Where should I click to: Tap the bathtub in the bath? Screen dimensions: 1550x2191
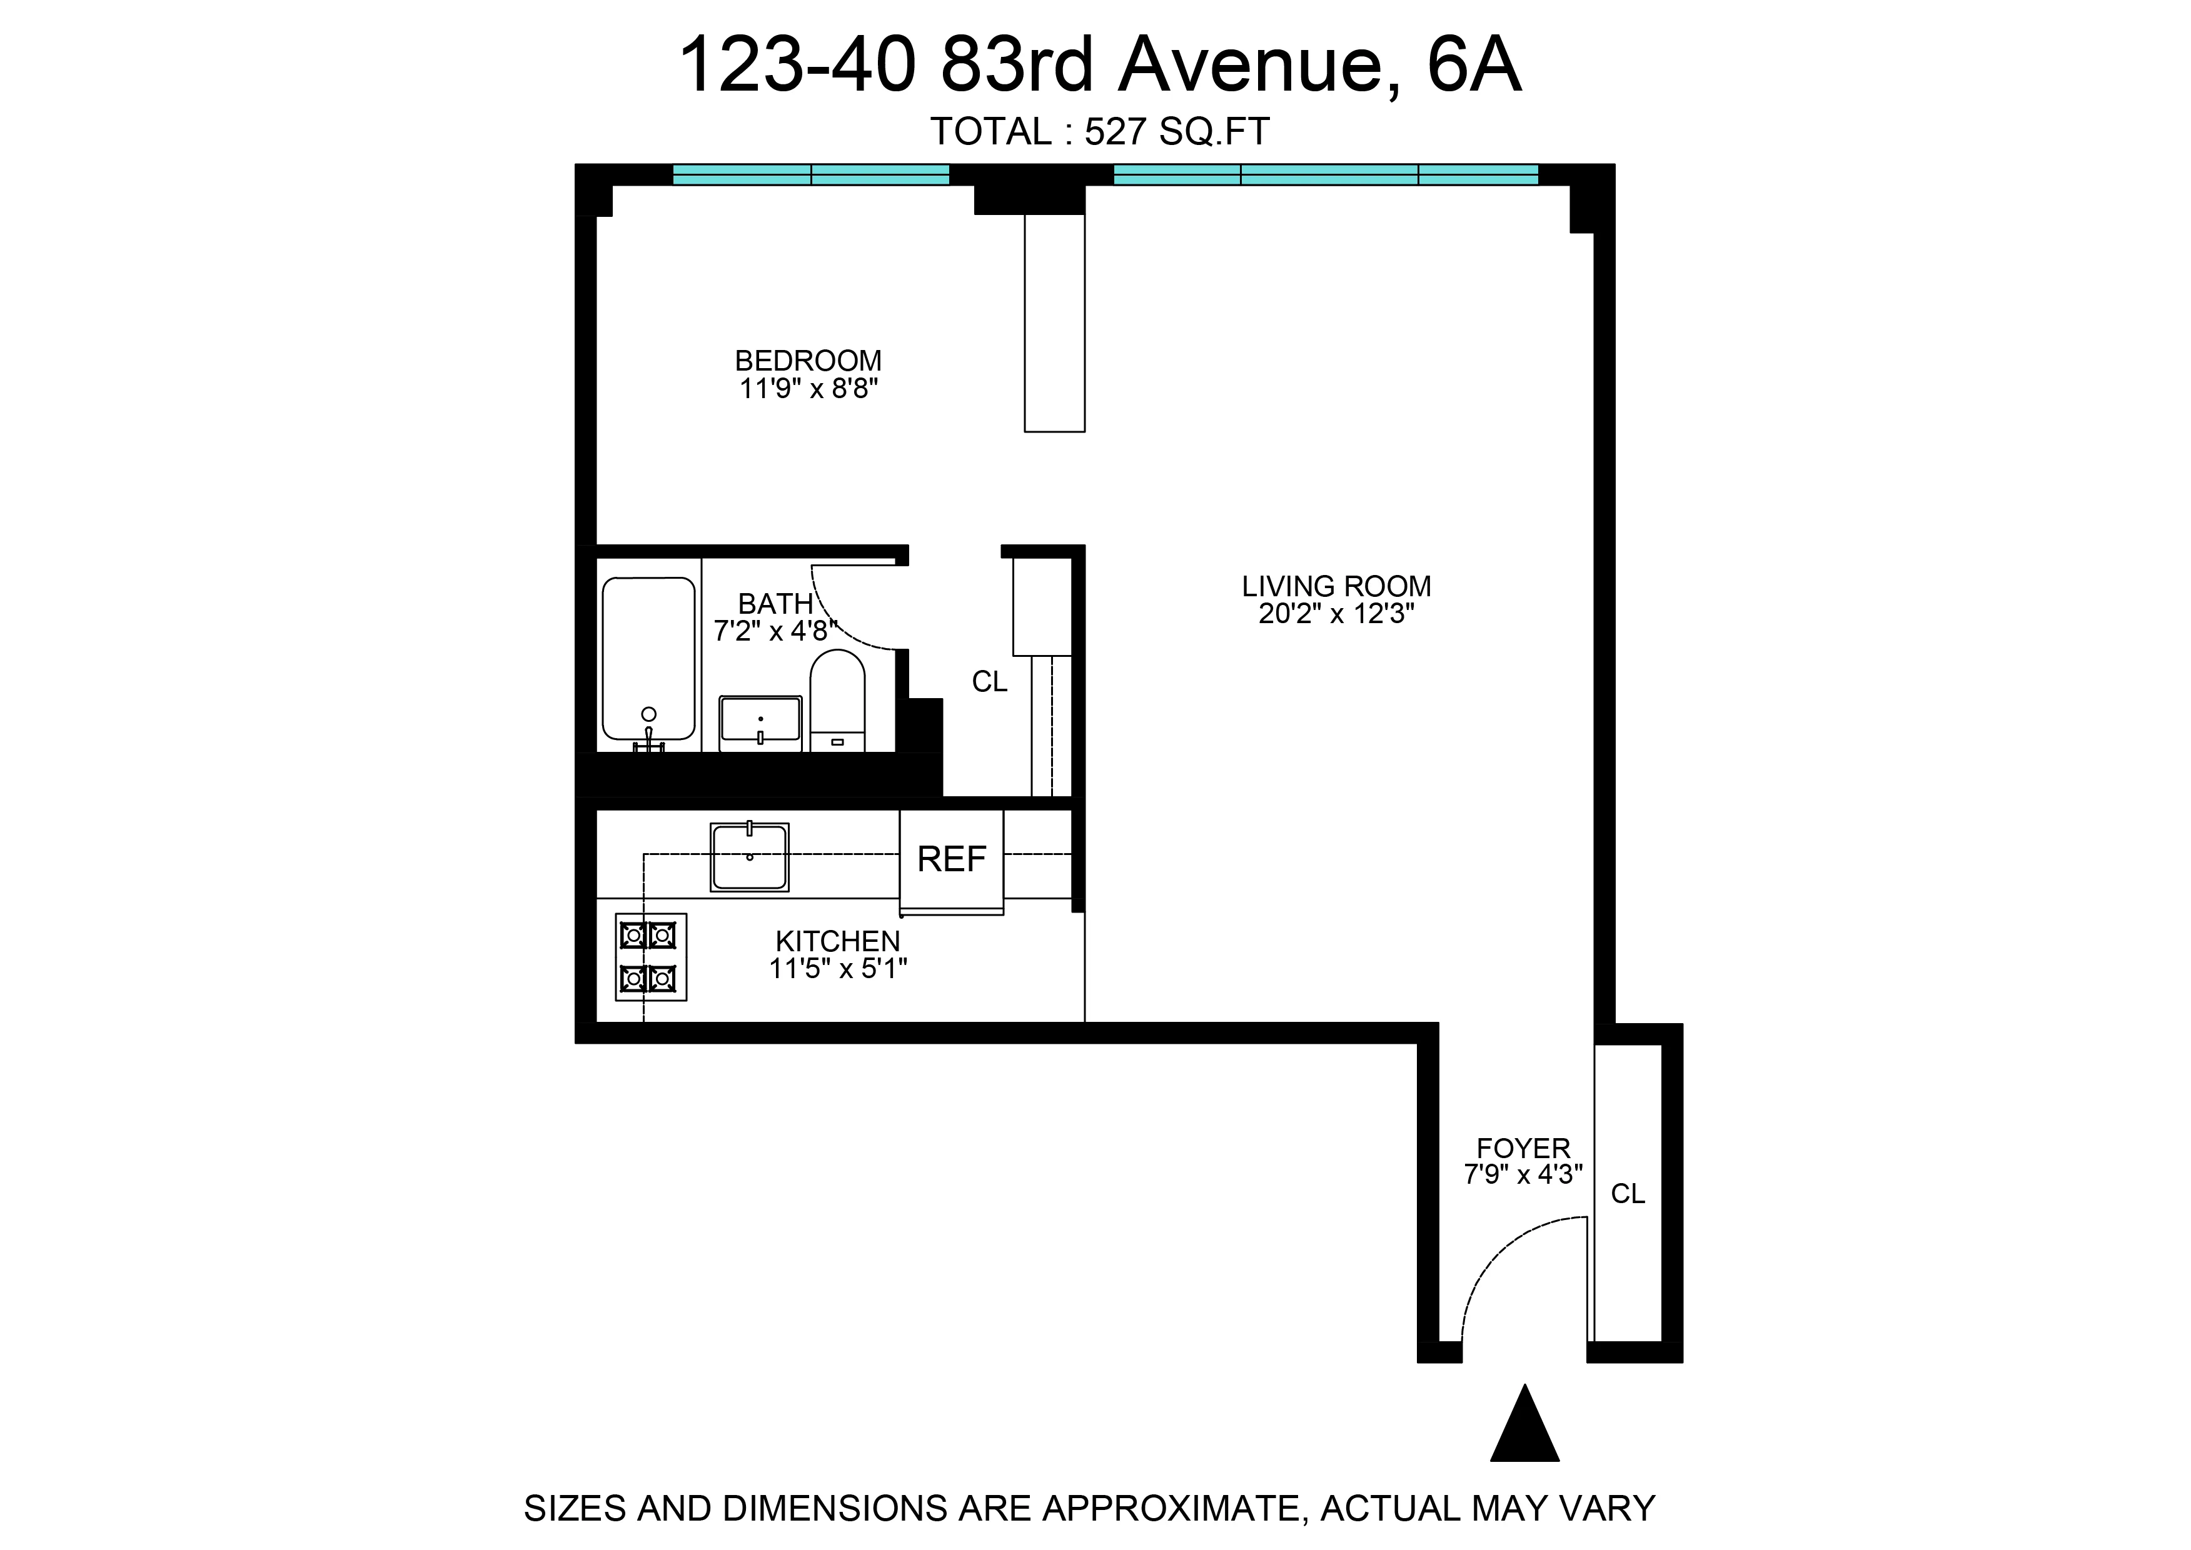point(648,659)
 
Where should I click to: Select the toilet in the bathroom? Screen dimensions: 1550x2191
point(837,701)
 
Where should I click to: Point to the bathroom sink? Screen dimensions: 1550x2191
point(761,721)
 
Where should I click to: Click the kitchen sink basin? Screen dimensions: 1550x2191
point(750,857)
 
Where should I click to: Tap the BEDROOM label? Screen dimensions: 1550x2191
point(808,361)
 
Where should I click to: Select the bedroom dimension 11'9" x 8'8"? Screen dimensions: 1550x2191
point(808,389)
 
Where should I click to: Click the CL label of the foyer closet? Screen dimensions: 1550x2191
point(1628,1194)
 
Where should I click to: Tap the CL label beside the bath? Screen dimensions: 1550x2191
point(989,681)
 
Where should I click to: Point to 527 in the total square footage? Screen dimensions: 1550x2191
point(1115,132)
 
